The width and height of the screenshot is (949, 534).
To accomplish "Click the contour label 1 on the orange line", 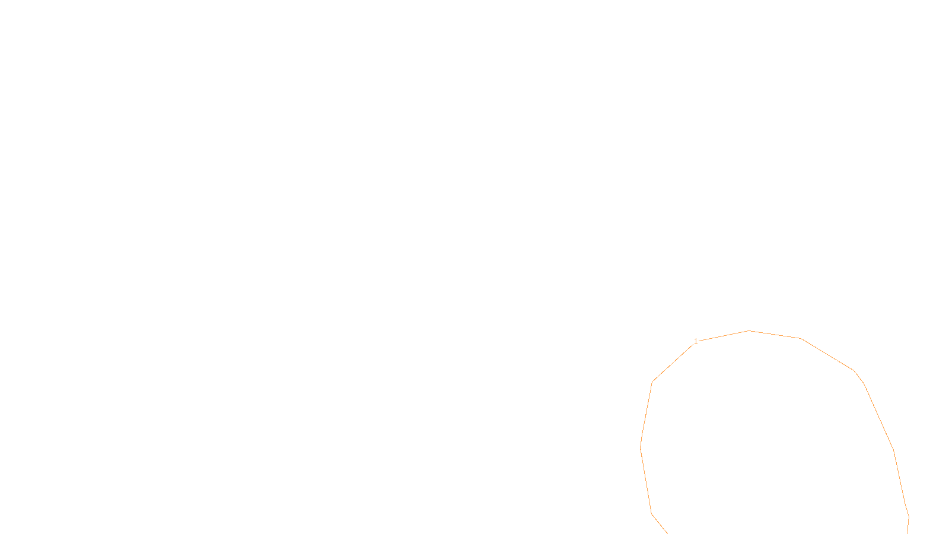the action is pyautogui.click(x=696, y=341).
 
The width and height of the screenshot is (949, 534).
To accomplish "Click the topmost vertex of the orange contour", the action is pyautogui.click(x=749, y=330).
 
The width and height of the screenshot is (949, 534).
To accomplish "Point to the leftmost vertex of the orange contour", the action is pyautogui.click(x=641, y=447).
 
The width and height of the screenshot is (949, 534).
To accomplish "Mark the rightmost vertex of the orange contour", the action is pyautogui.click(x=909, y=517).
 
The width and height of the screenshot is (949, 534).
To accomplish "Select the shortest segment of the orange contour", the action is pyautogui.click(x=859, y=377).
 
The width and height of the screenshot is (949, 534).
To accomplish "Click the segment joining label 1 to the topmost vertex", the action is pyautogui.click(x=722, y=336).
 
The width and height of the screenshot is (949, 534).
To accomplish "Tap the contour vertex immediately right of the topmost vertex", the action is pyautogui.click(x=801, y=338).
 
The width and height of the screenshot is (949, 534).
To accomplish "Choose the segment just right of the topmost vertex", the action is pyautogui.click(x=775, y=334).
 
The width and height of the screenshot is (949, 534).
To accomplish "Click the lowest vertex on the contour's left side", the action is pyautogui.click(x=651, y=513).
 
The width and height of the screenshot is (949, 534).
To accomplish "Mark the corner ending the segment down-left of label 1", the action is pyautogui.click(x=652, y=382).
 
